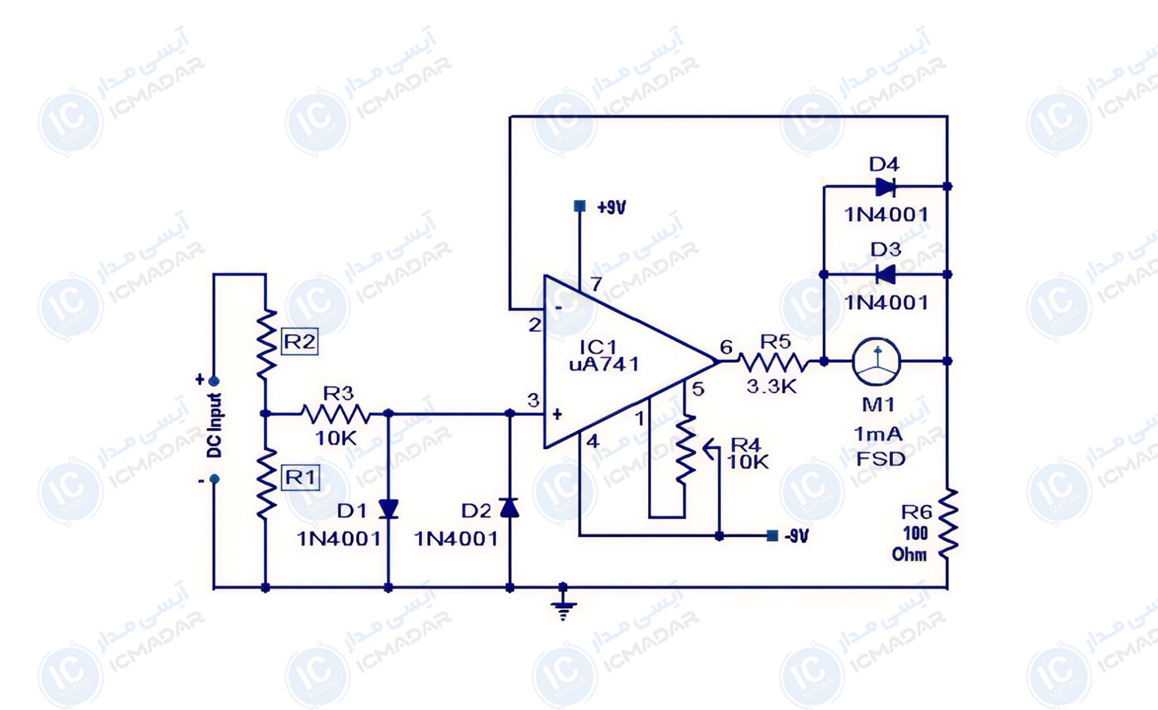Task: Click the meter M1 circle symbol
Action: pyautogui.click(x=876, y=361)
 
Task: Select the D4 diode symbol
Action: pyautogui.click(x=885, y=187)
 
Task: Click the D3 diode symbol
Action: pyautogui.click(x=885, y=274)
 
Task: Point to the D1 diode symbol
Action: pyautogui.click(x=388, y=508)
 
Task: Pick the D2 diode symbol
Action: pyautogui.click(x=509, y=508)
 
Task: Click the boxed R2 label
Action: pyautogui.click(x=300, y=342)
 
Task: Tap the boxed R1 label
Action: pyautogui.click(x=300, y=477)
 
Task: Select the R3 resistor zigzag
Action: pyautogui.click(x=336, y=414)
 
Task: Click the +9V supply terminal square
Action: pyautogui.click(x=580, y=206)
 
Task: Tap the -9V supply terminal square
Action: pyautogui.click(x=773, y=536)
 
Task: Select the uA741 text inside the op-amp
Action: pyautogui.click(x=604, y=364)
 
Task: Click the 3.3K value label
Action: pyautogui.click(x=772, y=387)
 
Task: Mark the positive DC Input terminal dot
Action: pyautogui.click(x=214, y=381)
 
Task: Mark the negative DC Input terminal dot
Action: pyautogui.click(x=214, y=479)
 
